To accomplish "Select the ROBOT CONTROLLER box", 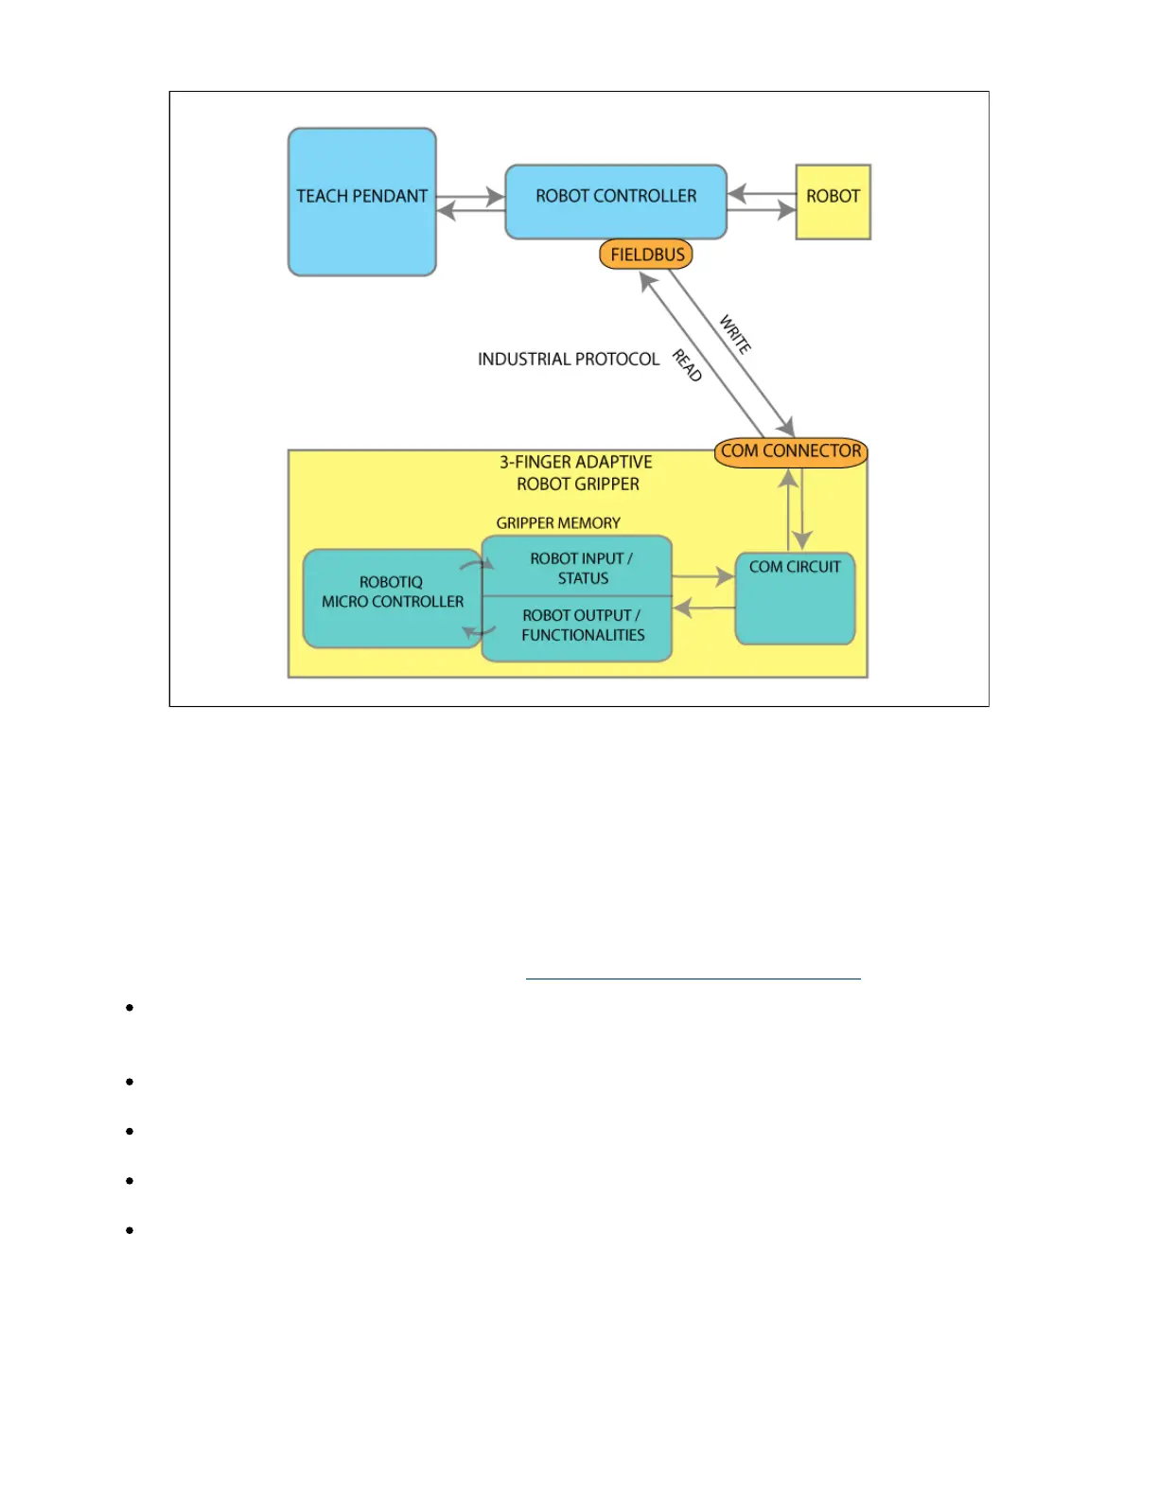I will click(616, 201).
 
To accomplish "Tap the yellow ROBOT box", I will click(833, 202).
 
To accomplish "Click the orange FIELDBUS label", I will click(647, 255).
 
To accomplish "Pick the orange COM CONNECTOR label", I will click(791, 451).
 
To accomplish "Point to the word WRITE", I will click(735, 334).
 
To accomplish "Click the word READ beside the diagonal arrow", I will click(687, 365).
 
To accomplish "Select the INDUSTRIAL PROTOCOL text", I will click(568, 360).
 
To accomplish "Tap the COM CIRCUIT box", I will click(795, 598).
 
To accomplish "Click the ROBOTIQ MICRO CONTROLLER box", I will click(392, 598).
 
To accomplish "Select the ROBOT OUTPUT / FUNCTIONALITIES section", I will click(581, 626).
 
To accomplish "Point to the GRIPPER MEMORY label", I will click(558, 523).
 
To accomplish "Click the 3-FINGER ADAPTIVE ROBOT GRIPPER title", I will click(577, 473).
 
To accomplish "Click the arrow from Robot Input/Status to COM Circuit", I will click(703, 575).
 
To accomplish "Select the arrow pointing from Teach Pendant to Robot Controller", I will click(470, 197).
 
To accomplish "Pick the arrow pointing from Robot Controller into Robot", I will click(762, 210).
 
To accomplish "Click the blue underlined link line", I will click(693, 978).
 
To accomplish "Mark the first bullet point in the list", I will click(130, 1007).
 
